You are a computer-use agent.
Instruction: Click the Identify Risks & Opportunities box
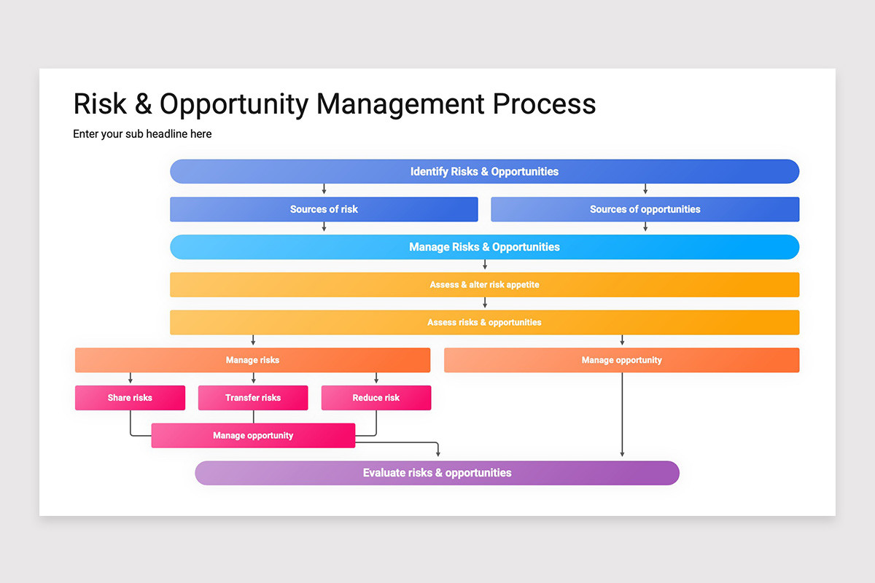click(484, 171)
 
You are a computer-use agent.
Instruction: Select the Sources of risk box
click(324, 209)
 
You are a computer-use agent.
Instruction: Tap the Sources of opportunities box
click(645, 209)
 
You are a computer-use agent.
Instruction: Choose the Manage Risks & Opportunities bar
click(484, 247)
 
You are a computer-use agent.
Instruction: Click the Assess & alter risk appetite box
click(484, 285)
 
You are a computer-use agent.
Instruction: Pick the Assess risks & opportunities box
click(484, 322)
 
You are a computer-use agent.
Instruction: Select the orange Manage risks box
click(253, 360)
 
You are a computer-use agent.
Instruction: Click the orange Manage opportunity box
click(621, 360)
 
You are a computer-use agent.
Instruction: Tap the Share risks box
click(130, 397)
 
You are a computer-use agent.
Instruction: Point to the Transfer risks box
click(253, 397)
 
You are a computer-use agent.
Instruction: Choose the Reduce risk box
click(376, 397)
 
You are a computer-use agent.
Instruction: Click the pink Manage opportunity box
click(253, 435)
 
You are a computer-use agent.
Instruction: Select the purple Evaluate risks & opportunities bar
click(437, 473)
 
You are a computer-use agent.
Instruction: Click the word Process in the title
click(544, 104)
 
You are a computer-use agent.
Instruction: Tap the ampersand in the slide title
click(144, 104)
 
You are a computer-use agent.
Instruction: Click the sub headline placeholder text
click(142, 134)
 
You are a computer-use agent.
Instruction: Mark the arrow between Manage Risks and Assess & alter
click(485, 265)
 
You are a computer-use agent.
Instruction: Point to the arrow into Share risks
click(131, 377)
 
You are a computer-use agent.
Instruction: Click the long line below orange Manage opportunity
click(622, 415)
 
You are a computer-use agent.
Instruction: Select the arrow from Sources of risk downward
click(324, 227)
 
